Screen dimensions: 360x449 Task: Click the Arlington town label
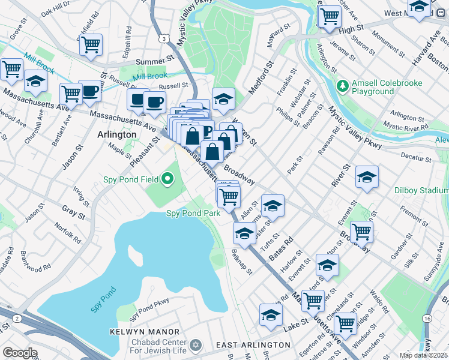[116, 135]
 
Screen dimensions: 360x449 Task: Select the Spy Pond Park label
[193, 213]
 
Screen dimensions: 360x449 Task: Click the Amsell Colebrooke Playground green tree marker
[343, 86]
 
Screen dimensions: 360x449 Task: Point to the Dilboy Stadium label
[421, 190]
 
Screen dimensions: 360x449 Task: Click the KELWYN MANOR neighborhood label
[145, 332]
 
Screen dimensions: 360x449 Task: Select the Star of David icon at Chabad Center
[194, 346]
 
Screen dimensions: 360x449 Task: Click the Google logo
[20, 353]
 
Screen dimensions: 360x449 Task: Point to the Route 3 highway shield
[163, 38]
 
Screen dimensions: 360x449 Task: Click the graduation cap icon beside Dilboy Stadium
[367, 176]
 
